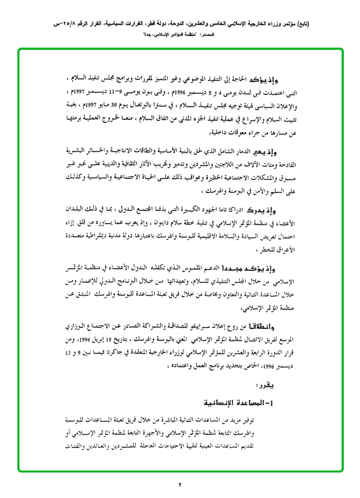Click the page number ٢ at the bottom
[179, 484]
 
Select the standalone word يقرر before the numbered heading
[266, 385]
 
